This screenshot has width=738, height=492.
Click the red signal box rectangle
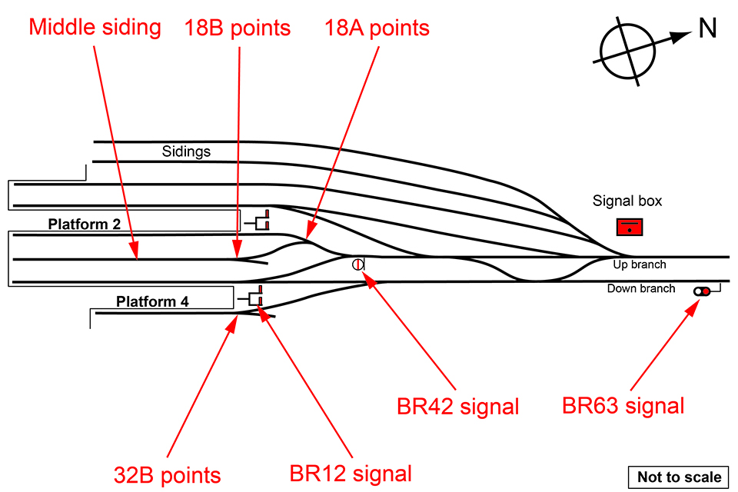[630, 228]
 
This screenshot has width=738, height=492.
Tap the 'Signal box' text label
[627, 201]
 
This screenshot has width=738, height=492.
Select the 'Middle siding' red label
[95, 28]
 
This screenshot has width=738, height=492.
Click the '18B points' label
[237, 28]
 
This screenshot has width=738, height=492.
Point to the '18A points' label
[376, 28]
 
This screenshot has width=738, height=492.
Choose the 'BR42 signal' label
[457, 406]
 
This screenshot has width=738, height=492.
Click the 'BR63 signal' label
[623, 405]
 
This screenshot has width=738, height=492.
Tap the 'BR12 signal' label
[351, 473]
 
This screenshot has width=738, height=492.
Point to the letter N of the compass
[707, 28]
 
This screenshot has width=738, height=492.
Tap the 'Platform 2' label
[85, 224]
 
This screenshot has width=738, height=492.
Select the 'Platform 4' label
[152, 301]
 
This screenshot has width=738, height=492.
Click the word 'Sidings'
[186, 151]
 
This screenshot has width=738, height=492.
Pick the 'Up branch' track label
[640, 265]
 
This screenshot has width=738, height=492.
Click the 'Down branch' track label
[641, 289]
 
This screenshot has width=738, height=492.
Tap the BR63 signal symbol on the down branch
[702, 291]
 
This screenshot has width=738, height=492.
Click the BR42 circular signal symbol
[357, 264]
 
